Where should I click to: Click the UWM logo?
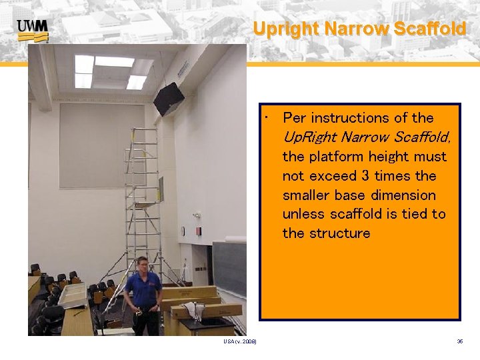[33, 29]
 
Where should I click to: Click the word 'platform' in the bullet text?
[337, 157]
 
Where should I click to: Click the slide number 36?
[460, 341]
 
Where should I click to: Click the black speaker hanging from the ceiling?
[169, 99]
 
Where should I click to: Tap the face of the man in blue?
[141, 265]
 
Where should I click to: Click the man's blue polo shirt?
[143, 287]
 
